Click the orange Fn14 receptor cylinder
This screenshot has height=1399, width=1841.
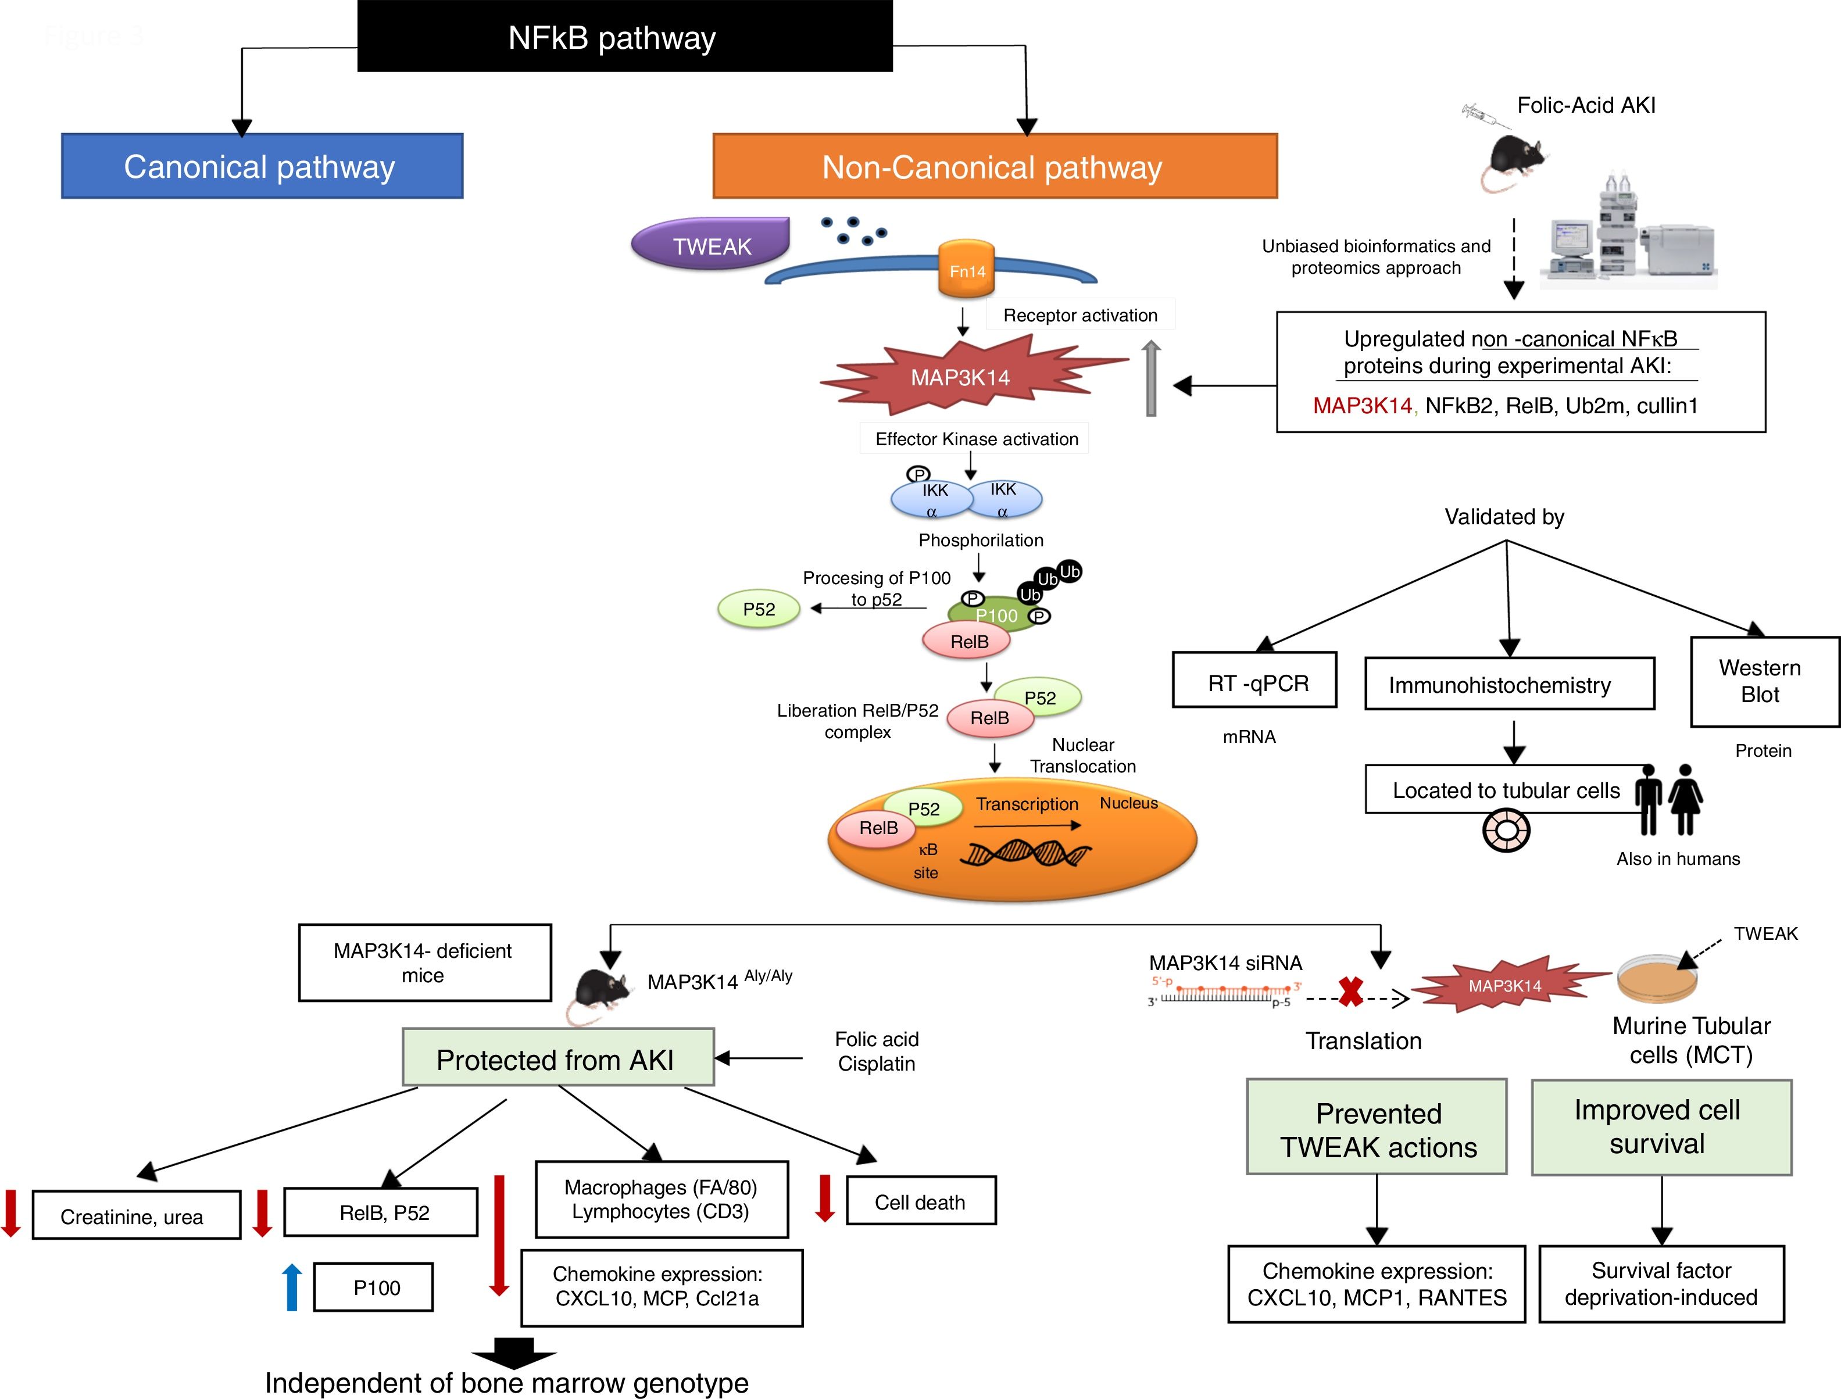[966, 269]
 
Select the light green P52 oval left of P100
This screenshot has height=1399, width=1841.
[759, 609]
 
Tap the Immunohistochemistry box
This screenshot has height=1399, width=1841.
[1508, 684]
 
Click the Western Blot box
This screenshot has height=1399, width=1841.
[1764, 681]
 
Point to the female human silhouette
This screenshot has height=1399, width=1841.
[1685, 799]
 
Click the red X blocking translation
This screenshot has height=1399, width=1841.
[1350, 991]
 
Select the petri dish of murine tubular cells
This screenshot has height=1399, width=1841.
[1657, 978]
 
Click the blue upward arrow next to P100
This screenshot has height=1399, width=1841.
[291, 1287]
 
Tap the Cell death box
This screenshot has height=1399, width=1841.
[920, 1201]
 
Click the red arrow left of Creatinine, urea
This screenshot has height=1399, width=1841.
[11, 1212]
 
